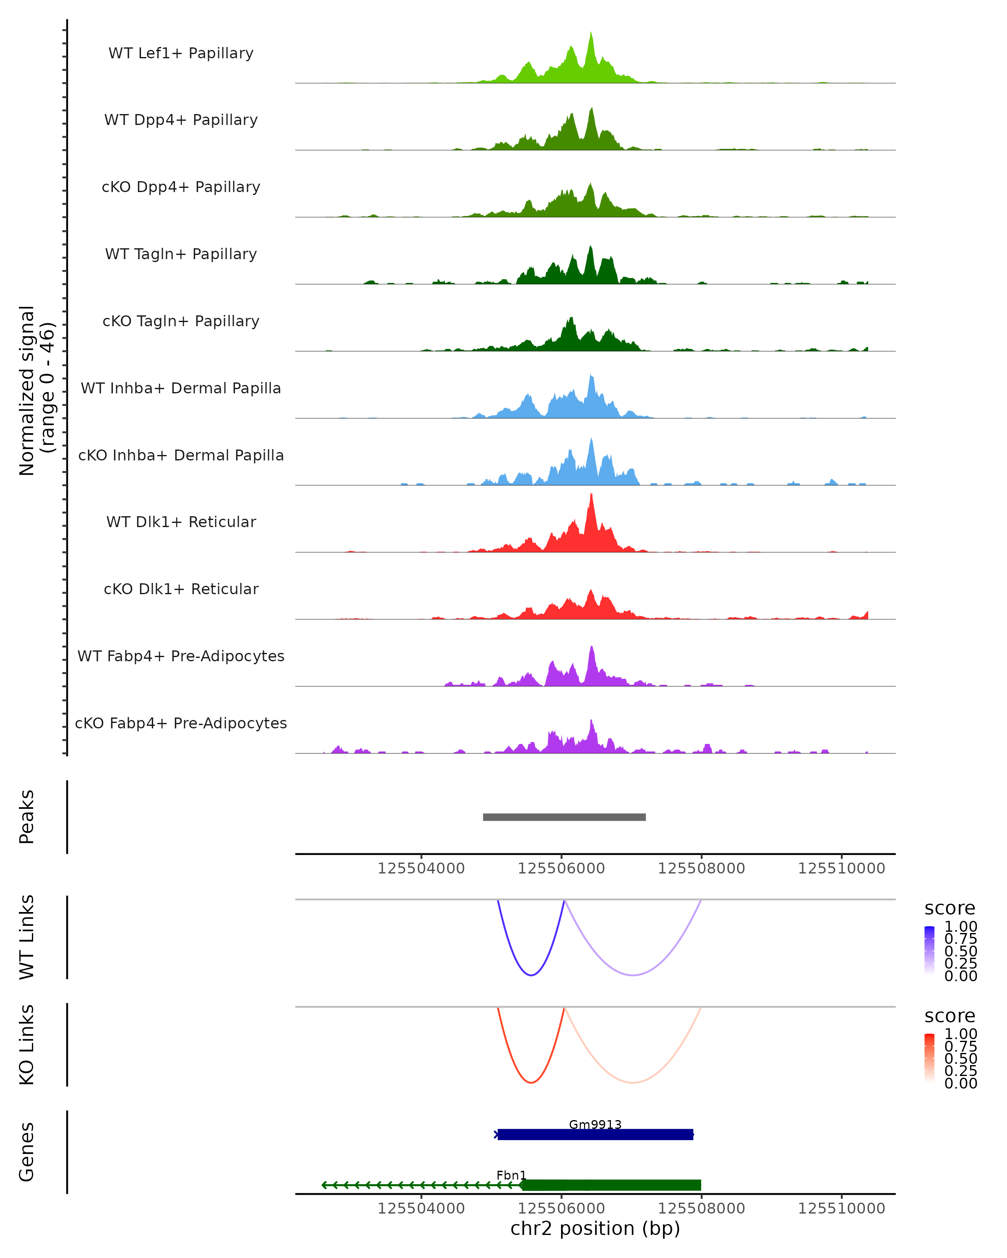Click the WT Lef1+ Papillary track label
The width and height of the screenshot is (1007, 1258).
click(181, 53)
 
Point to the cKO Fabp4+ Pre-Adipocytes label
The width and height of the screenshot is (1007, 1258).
click(181, 723)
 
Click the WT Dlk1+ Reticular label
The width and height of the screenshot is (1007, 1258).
click(181, 522)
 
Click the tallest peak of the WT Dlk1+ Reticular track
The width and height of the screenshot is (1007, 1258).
click(591, 496)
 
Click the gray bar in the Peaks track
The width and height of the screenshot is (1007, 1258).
click(564, 817)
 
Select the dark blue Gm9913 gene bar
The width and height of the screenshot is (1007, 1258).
click(595, 1134)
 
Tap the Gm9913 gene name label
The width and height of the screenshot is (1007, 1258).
click(595, 1124)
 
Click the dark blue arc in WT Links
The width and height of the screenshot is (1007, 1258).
click(531, 975)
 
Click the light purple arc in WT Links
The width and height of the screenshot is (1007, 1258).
click(633, 975)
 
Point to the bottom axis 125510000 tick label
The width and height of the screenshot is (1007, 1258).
click(841, 1209)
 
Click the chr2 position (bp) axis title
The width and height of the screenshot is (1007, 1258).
click(595, 1228)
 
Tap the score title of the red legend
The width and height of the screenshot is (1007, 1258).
click(950, 1016)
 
